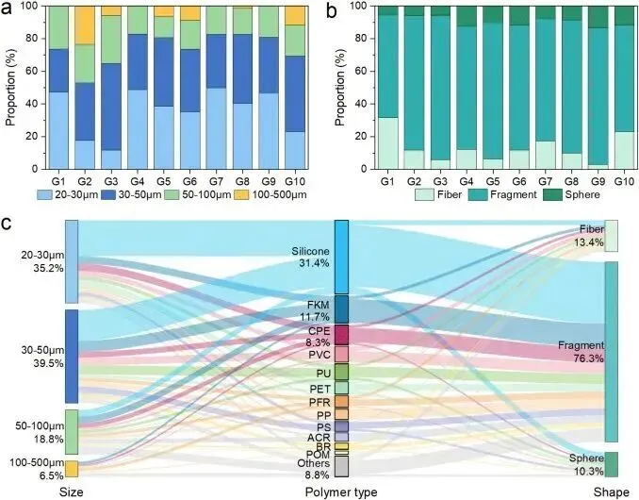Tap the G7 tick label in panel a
point(214,178)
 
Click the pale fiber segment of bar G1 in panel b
point(386,143)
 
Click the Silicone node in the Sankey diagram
point(340,257)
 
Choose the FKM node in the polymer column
point(340,308)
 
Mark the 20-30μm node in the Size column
point(71,261)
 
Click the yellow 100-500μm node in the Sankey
point(71,468)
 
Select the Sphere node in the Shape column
point(611,464)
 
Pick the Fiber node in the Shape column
point(611,236)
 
